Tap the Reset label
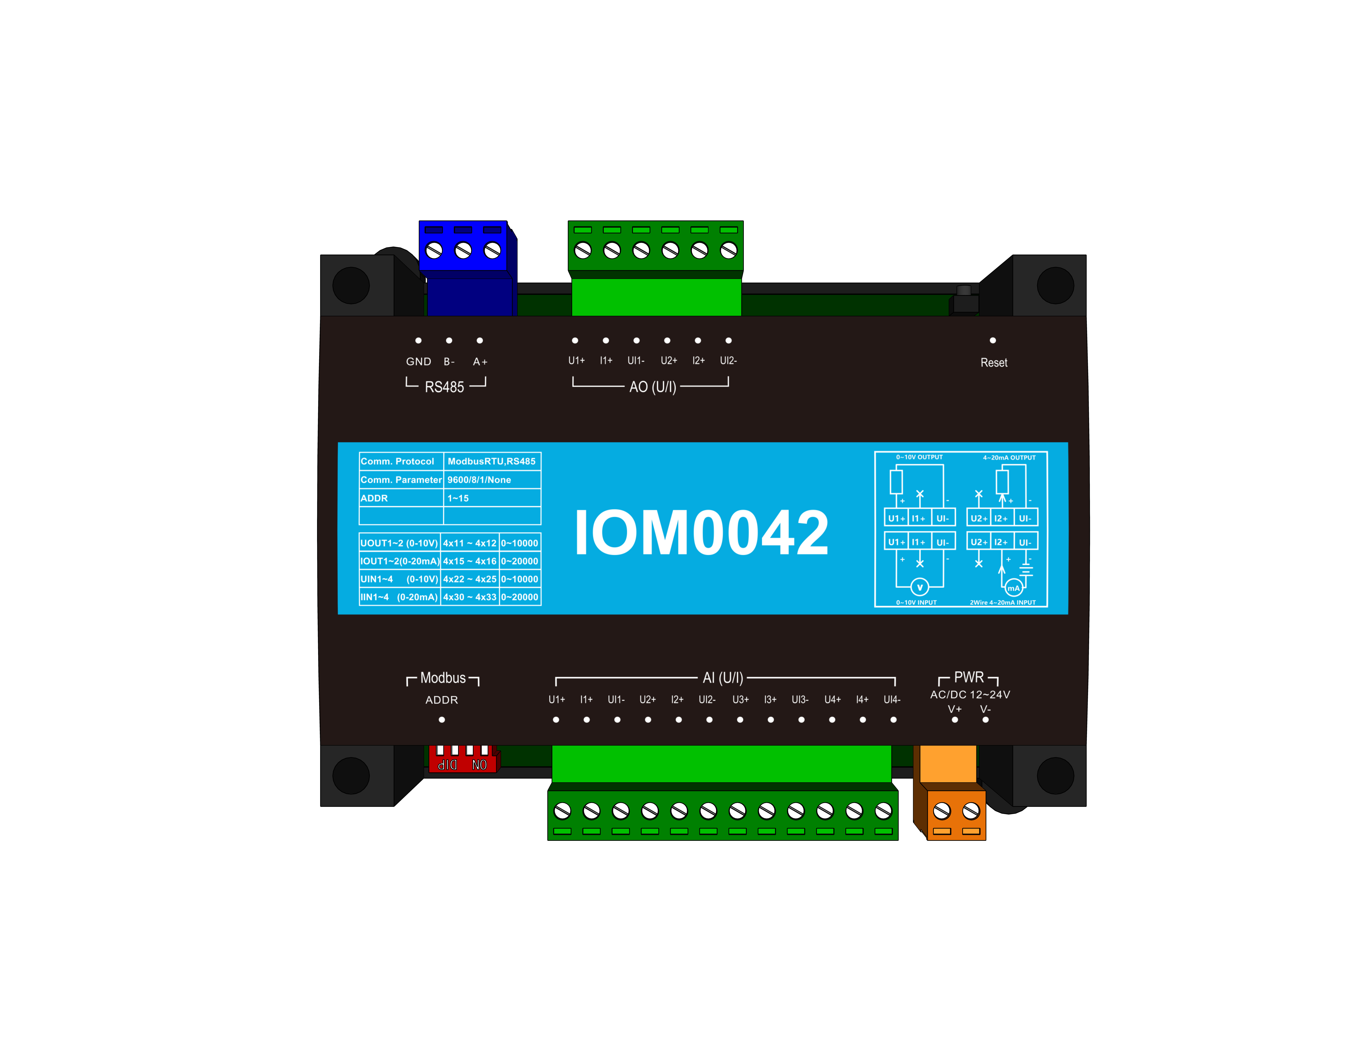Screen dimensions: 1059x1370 pyautogui.click(x=994, y=363)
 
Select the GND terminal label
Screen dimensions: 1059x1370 pyautogui.click(x=418, y=361)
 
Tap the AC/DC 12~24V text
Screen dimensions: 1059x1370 pyautogui.click(x=970, y=695)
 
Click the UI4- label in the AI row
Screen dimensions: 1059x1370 pyautogui.click(x=891, y=700)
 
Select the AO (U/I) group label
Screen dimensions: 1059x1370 pyautogui.click(x=652, y=387)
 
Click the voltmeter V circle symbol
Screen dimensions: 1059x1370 pyautogui.click(x=920, y=587)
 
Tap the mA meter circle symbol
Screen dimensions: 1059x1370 pyautogui.click(x=1014, y=588)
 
